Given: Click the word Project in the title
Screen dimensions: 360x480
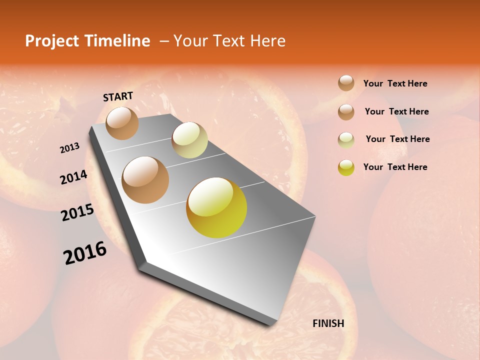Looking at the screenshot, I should pyautogui.click(x=52, y=41).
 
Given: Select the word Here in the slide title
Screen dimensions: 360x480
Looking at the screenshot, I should pyautogui.click(x=267, y=41).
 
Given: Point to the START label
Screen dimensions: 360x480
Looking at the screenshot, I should pyautogui.click(x=118, y=96).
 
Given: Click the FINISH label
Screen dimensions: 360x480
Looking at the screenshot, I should pyautogui.click(x=328, y=323).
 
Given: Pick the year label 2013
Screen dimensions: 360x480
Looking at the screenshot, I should pyautogui.click(x=69, y=148).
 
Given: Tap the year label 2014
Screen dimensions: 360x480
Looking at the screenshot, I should pyautogui.click(x=73, y=177).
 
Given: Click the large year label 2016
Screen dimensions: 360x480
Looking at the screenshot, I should pyautogui.click(x=85, y=253).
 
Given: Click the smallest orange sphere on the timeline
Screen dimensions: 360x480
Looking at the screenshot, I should pyautogui.click(x=122, y=123).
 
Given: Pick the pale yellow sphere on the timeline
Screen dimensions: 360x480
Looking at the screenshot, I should pyautogui.click(x=189, y=140).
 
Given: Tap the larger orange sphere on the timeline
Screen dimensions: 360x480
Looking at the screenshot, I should pyautogui.click(x=145, y=180).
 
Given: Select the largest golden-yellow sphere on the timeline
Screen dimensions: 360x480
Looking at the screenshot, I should pyautogui.click(x=216, y=207).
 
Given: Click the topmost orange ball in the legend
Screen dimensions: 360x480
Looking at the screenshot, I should pyautogui.click(x=346, y=83).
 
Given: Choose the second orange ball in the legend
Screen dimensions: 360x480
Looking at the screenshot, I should pyautogui.click(x=346, y=111).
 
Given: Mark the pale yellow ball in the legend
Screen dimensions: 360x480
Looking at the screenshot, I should pyautogui.click(x=346, y=139).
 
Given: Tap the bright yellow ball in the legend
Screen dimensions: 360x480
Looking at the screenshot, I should pyautogui.click(x=346, y=167).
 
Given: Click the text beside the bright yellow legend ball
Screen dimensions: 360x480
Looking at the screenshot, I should pyautogui.click(x=395, y=167).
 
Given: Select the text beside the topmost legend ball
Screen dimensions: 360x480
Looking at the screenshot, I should pyautogui.click(x=395, y=83).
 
